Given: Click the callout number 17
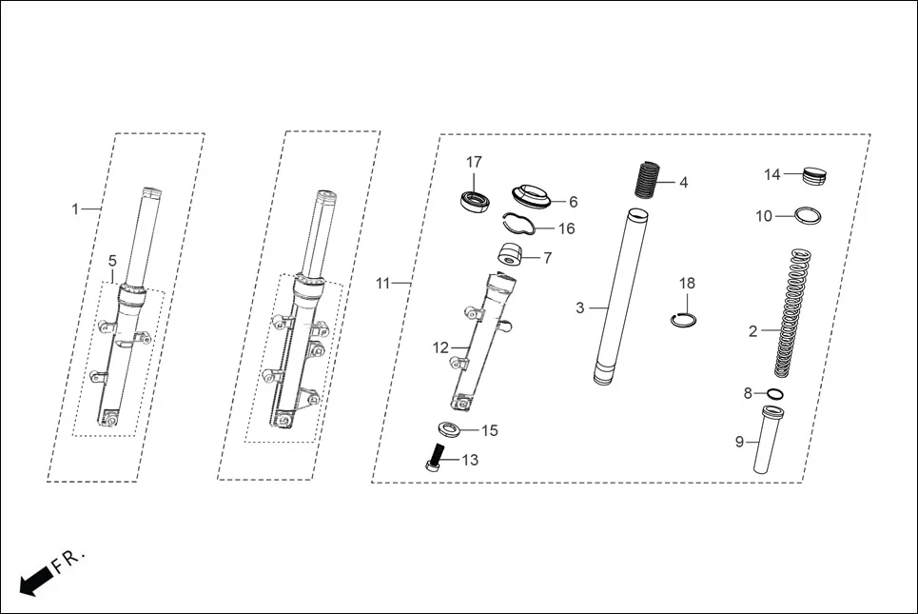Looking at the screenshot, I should (474, 162).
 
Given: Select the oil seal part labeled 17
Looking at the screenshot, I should (474, 201).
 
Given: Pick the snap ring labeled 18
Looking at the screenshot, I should (684, 319).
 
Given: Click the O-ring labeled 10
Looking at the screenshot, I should (809, 215).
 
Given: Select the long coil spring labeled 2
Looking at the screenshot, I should (791, 312).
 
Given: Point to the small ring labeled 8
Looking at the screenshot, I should (775, 394).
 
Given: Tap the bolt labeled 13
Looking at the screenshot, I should (435, 457).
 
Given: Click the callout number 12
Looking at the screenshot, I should (440, 348).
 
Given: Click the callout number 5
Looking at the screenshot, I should (112, 260).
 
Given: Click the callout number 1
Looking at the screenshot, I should (76, 208).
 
